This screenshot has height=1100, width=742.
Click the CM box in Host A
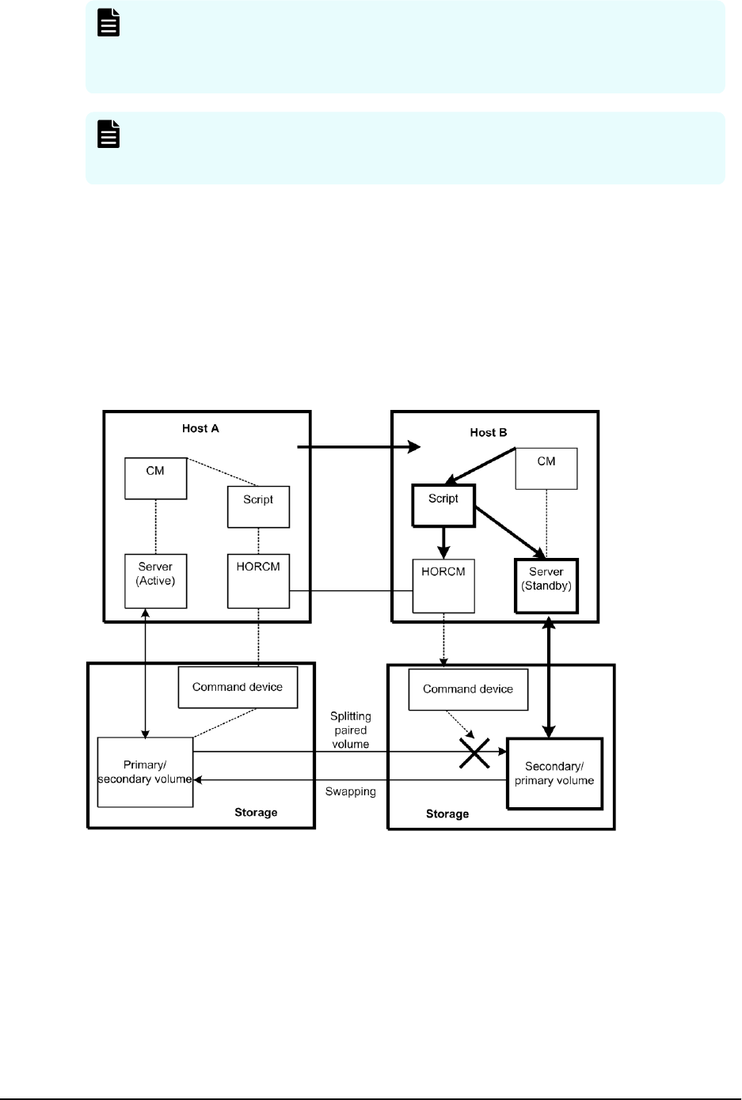155,477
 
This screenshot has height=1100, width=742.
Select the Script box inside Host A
258,506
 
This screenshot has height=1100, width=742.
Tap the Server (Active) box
155,580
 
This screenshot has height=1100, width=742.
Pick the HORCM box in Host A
258,580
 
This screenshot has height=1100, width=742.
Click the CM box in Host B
546,468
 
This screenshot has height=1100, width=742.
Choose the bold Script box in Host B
443,506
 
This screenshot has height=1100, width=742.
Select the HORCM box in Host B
443,585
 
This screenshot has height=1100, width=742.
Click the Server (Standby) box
546,586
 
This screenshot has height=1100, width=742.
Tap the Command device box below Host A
238,687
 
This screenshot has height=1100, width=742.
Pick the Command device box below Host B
467,689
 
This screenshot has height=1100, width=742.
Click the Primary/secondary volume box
145,772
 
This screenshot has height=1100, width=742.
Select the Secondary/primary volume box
554,773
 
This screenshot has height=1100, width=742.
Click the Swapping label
350,791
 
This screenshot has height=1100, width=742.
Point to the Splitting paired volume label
350,730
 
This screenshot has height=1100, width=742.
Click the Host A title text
200,428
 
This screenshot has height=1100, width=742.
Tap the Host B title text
489,433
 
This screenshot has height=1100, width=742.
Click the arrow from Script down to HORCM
443,543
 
